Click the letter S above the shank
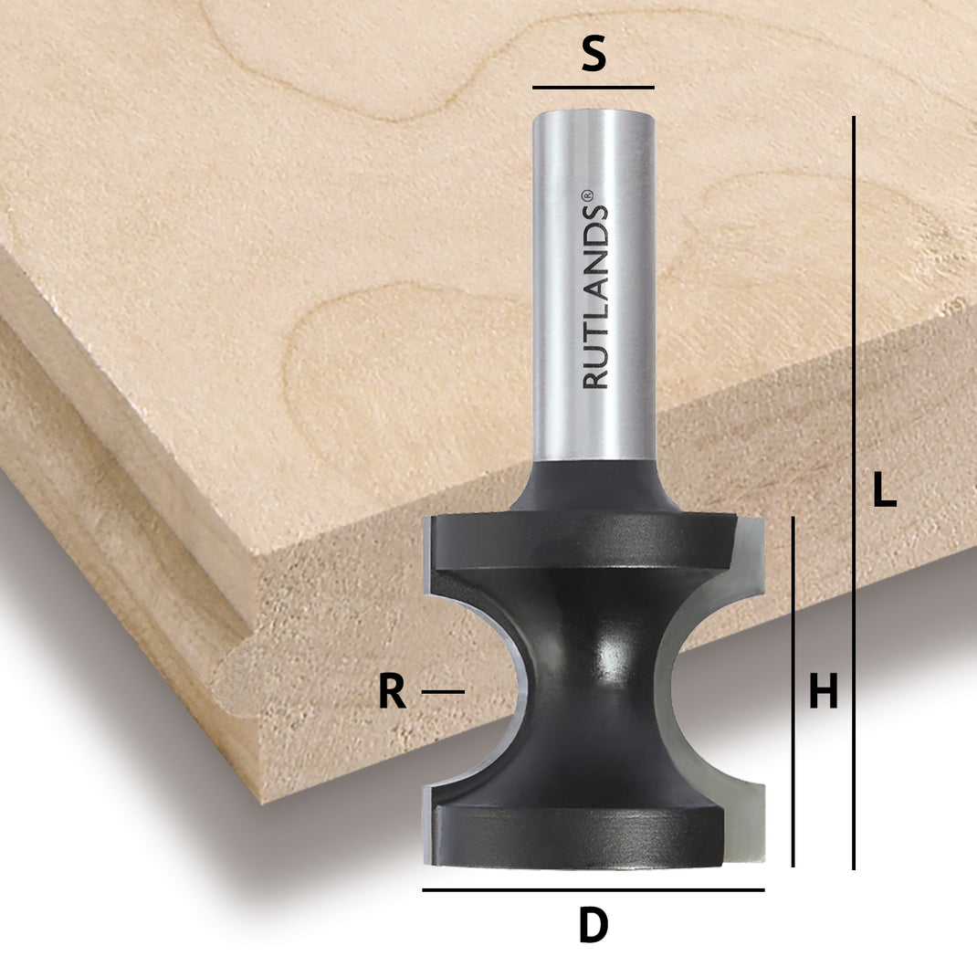pyautogui.click(x=594, y=57)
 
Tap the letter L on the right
pyautogui.click(x=884, y=491)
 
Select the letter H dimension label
pyautogui.click(x=823, y=692)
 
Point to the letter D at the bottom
pyautogui.click(x=594, y=928)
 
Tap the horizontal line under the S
pyautogui.click(x=594, y=88)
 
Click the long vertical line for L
pyautogui.click(x=854, y=493)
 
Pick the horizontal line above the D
pyautogui.click(x=594, y=889)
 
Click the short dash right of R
pyautogui.click(x=443, y=692)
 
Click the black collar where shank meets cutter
pyautogui.click(x=594, y=488)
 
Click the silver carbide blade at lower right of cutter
pyautogui.click(x=744, y=822)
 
